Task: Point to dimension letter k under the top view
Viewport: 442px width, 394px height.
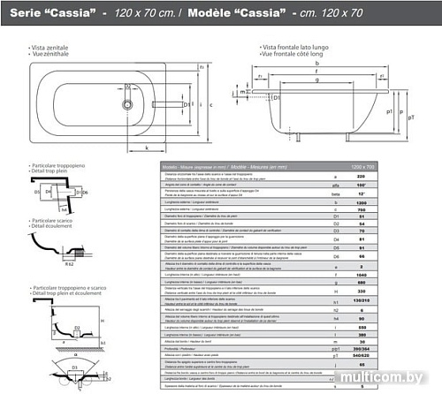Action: click(145, 148)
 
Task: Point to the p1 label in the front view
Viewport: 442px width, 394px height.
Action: click(414, 113)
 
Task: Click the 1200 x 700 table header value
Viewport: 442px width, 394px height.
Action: click(411, 165)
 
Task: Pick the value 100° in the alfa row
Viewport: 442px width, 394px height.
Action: click(411, 186)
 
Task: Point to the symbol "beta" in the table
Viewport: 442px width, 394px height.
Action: click(361, 193)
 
